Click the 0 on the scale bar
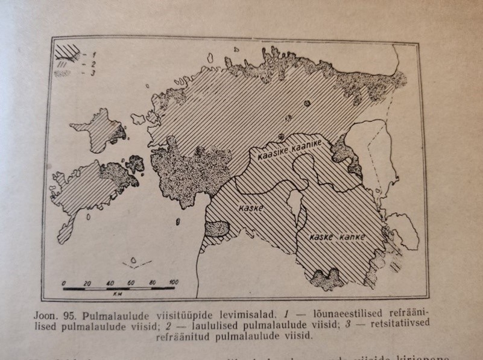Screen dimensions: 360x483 [64, 282]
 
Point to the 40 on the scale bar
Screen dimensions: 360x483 [109, 282]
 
